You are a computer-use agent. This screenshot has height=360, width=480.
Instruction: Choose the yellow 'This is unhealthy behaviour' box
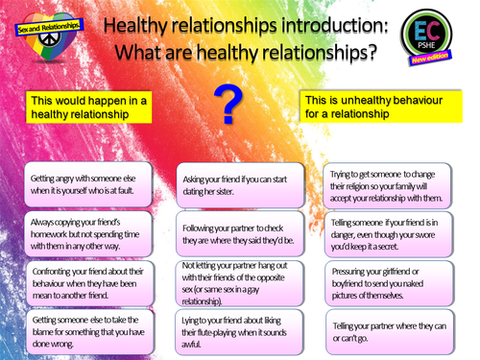point(380,107)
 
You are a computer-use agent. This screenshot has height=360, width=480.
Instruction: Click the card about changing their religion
point(389,183)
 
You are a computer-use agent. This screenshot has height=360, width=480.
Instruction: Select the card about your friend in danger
point(389,234)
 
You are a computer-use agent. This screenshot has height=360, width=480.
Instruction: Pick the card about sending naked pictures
point(389,281)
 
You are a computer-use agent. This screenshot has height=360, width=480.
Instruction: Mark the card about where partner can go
point(389,330)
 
